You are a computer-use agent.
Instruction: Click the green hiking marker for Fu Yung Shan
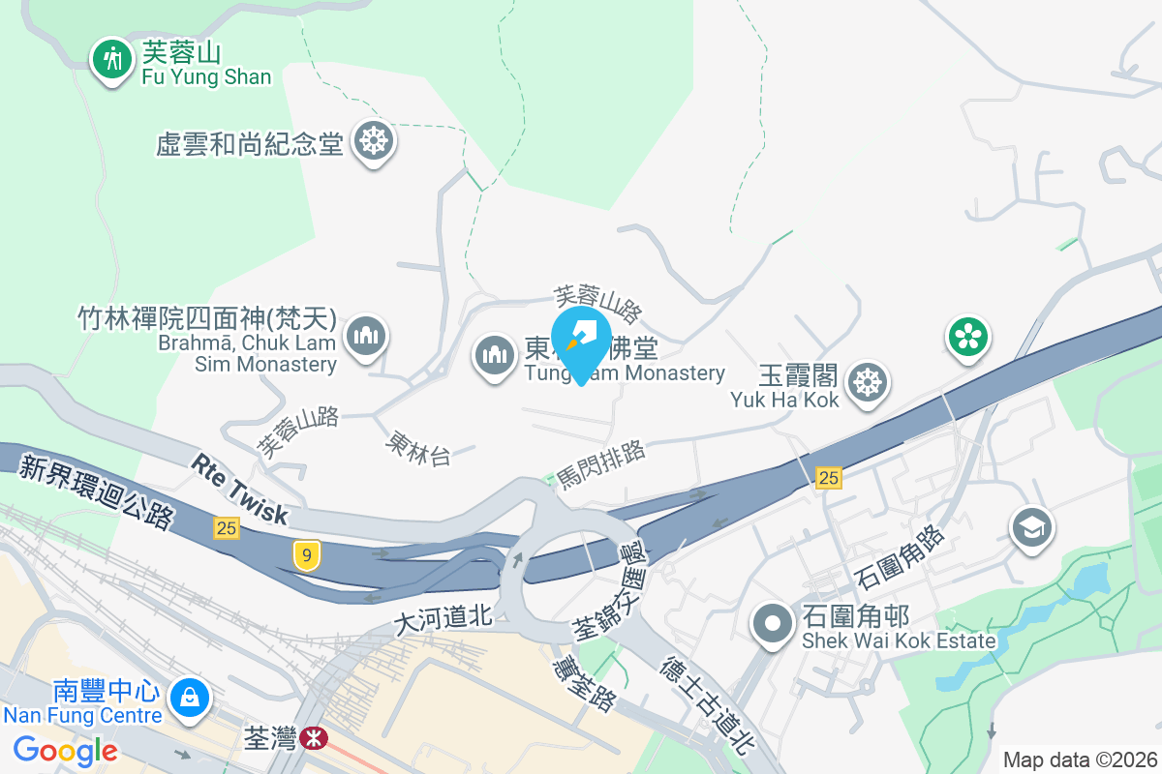[113, 60]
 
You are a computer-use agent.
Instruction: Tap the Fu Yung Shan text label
[206, 76]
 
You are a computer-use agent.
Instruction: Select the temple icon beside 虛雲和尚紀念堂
[372, 142]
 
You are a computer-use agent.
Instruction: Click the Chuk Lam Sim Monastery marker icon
[365, 337]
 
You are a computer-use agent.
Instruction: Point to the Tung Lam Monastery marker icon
[495, 355]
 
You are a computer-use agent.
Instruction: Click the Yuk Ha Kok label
[784, 399]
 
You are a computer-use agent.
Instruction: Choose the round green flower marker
[967, 337]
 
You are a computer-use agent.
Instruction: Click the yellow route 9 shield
[306, 555]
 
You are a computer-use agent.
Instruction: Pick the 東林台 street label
[417, 448]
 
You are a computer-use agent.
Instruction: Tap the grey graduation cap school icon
[1031, 528]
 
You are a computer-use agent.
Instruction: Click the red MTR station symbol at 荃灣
[313, 739]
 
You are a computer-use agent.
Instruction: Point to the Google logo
[66, 750]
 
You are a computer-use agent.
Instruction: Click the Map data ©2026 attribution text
[1080, 759]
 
